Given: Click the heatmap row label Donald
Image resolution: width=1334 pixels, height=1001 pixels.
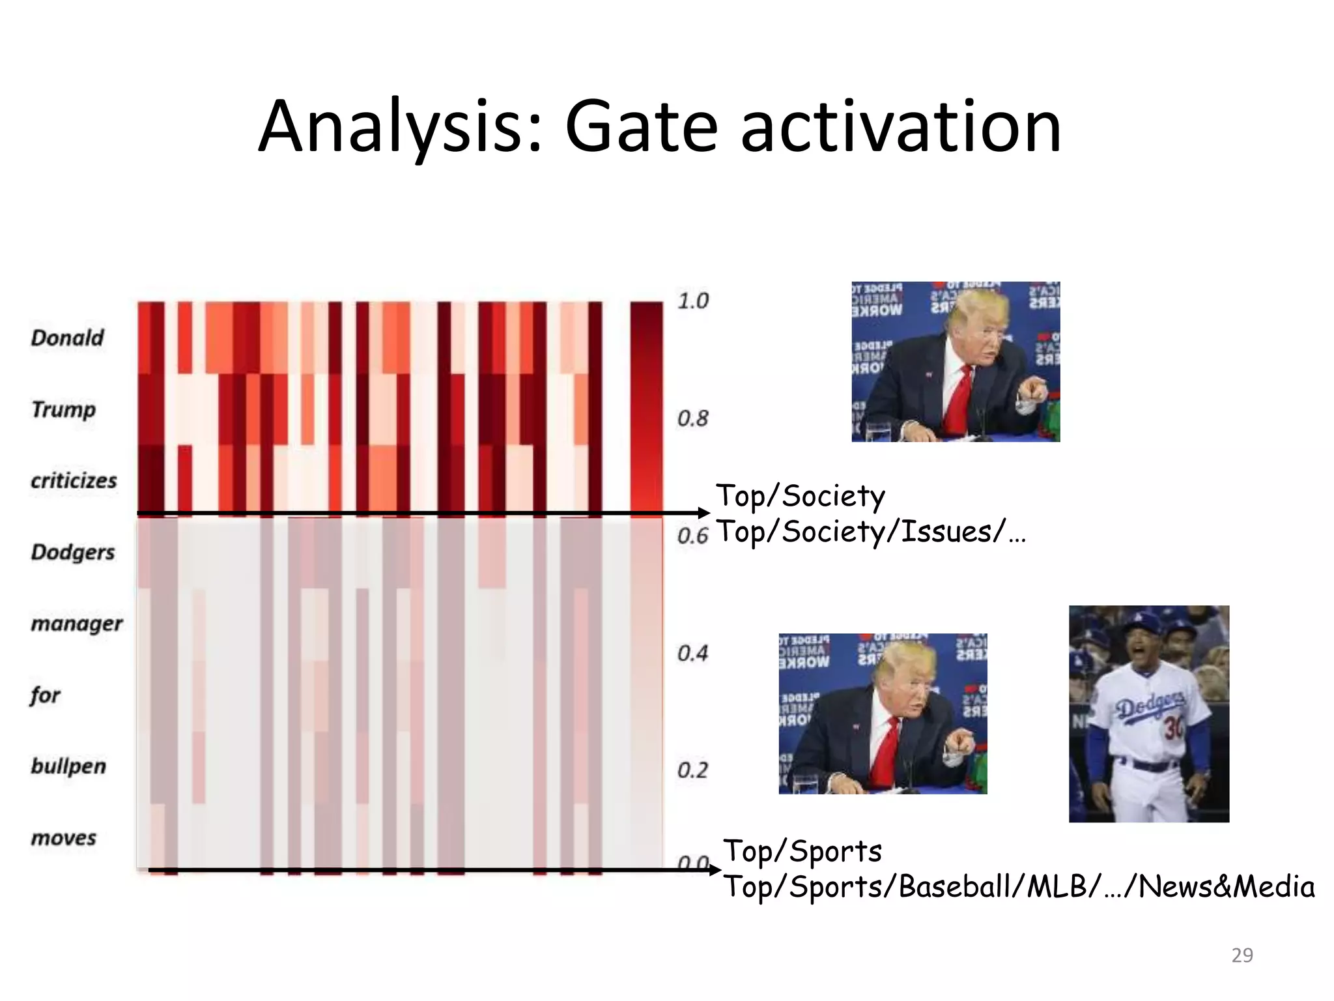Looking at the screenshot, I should (x=67, y=338).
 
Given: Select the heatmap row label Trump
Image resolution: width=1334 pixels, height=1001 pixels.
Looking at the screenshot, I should (x=63, y=409).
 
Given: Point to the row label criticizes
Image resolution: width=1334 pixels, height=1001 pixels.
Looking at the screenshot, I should (x=74, y=481).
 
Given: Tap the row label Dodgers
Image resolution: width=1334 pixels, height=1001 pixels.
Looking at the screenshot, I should (x=72, y=552).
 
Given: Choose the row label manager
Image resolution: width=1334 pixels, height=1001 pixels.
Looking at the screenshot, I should (x=76, y=624).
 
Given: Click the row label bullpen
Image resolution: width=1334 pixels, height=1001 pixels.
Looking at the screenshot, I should (x=68, y=766).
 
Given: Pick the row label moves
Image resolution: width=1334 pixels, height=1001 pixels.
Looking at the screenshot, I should (x=63, y=837).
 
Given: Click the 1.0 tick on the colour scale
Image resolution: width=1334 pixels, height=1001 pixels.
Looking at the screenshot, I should (x=692, y=301).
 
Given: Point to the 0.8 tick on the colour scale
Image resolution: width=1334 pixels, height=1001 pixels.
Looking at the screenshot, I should (x=692, y=418).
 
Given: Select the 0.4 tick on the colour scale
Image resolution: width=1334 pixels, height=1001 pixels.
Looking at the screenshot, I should (x=692, y=653).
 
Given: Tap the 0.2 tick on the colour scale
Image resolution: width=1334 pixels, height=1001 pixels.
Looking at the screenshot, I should (x=692, y=770).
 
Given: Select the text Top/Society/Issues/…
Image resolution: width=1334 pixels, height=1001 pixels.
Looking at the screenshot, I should (x=870, y=532).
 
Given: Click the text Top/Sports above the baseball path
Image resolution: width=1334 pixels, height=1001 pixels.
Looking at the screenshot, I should (x=802, y=851).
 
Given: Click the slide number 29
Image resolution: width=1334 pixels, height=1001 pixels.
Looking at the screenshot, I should (x=1242, y=955).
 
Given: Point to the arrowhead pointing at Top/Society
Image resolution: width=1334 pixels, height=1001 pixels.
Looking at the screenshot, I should (x=704, y=514).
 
